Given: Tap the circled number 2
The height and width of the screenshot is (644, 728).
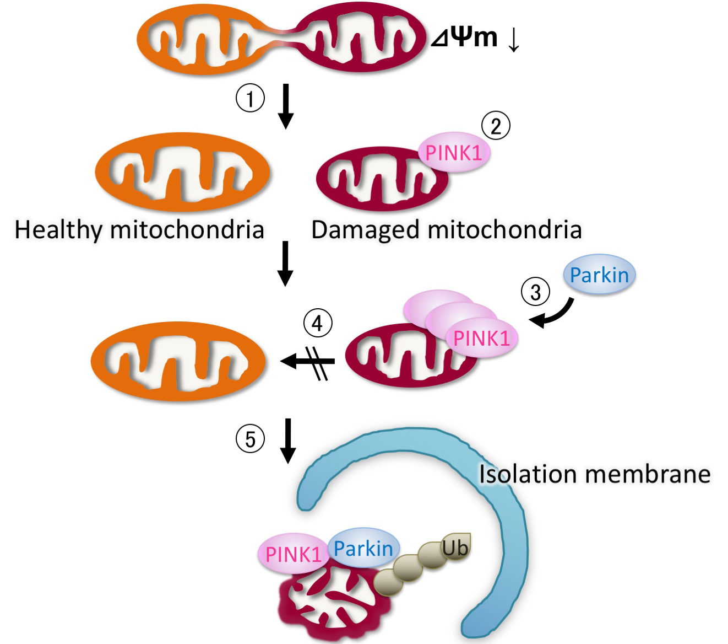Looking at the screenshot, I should point(496,126).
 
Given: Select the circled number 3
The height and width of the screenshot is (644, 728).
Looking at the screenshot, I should point(536,291).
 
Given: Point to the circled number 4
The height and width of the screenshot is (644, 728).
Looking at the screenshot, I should point(318,323).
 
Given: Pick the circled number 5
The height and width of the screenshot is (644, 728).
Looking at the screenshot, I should point(251,439).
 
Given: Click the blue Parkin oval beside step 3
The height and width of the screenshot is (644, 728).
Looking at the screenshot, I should point(599,274).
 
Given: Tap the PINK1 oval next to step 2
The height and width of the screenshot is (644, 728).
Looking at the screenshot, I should point(454,153).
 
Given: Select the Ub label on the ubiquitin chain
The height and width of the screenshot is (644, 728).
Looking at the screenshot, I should point(455,548).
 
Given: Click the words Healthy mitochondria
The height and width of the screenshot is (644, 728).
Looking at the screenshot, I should point(139,229).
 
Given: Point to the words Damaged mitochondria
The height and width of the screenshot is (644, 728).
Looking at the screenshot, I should point(446,229).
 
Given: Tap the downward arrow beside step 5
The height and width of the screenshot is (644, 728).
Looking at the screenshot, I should point(287,441).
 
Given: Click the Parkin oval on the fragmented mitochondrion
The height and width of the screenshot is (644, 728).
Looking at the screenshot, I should point(363,548).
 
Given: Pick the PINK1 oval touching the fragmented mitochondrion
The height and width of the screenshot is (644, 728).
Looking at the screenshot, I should point(293,554).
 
